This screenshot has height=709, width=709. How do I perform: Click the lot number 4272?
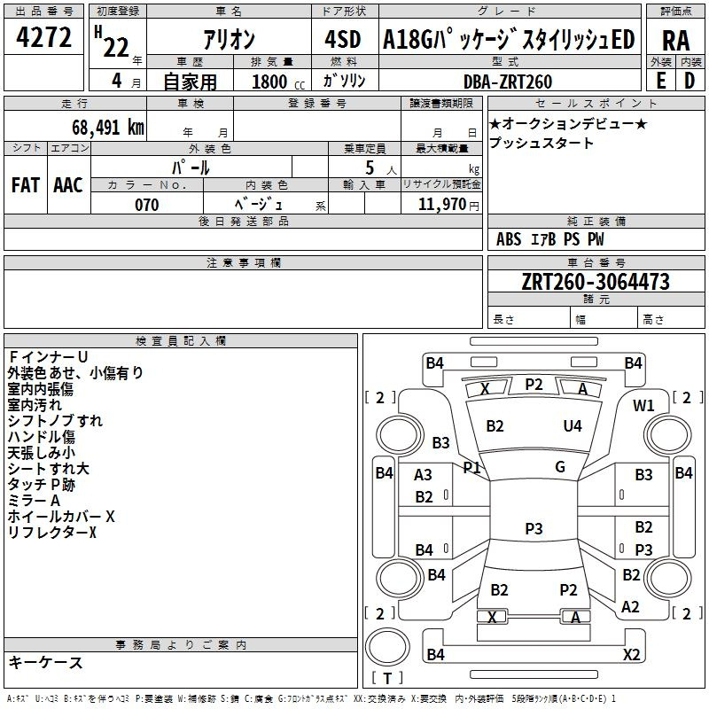pyautogui.click(x=43, y=37)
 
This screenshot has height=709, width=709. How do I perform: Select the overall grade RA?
pyautogui.click(x=675, y=41)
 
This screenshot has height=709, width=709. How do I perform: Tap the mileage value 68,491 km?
pyautogui.click(x=108, y=128)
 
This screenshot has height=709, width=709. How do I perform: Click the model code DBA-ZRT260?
pyautogui.click(x=508, y=82)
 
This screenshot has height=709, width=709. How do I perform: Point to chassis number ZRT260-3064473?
pyautogui.click(x=596, y=282)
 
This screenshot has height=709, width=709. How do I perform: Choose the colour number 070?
pyautogui.click(x=147, y=205)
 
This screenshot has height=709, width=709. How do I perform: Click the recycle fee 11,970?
pyautogui.click(x=441, y=205)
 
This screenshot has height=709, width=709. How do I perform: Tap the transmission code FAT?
pyautogui.click(x=26, y=185)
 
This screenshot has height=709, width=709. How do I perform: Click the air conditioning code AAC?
pyautogui.click(x=68, y=185)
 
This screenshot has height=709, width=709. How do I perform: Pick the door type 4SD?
pyautogui.click(x=343, y=39)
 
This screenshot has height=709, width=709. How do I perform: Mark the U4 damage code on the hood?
pyautogui.click(x=573, y=426)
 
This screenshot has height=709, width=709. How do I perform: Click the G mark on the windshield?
pyautogui.click(x=560, y=467)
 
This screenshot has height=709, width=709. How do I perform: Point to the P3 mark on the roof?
pyautogui.click(x=534, y=528)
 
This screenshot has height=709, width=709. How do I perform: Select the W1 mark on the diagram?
pyautogui.click(x=643, y=406)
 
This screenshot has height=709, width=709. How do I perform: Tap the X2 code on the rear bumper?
pyautogui.click(x=631, y=654)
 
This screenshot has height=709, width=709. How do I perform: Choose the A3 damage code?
pyautogui.click(x=423, y=475)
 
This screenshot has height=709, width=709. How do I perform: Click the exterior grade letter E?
pyautogui.click(x=660, y=81)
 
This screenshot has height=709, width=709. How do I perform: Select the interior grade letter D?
pyautogui.click(x=690, y=81)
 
